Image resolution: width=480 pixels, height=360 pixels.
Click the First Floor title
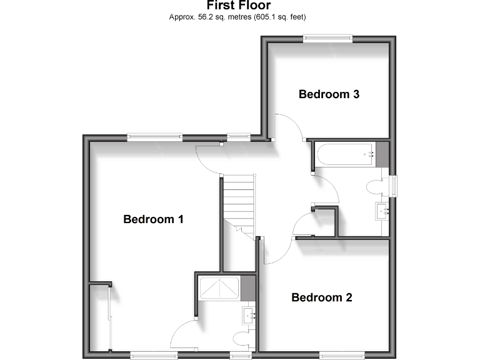click(239, 6)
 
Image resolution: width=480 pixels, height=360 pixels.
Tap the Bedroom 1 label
click(153, 219)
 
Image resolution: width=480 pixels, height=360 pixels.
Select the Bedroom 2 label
click(321, 297)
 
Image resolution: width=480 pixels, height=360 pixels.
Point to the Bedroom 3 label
click(329, 94)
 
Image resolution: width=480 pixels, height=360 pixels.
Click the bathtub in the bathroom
click(346, 154)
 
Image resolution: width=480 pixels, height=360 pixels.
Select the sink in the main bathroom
click(382, 211)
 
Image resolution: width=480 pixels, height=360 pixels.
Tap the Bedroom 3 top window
click(328, 39)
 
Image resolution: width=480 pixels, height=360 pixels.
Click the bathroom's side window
click(394, 186)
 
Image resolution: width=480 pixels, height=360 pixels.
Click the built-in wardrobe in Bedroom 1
click(100, 319)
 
